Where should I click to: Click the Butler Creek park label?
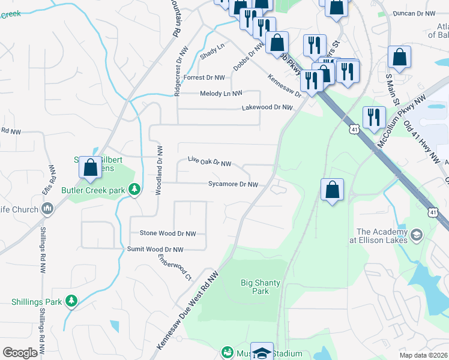[92, 190]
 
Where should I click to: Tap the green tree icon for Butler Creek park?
[135, 190]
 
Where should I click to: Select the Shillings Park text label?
[35, 301]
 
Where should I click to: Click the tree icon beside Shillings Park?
[71, 300]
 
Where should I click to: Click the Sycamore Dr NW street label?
[233, 185]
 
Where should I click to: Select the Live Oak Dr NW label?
[209, 162]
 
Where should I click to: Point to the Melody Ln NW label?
[221, 94]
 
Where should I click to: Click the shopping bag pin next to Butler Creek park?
[91, 169]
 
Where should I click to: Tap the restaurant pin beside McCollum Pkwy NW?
[373, 118]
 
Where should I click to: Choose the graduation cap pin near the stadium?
[262, 353]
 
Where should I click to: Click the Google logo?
[20, 353]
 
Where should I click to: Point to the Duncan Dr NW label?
[413, 13]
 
